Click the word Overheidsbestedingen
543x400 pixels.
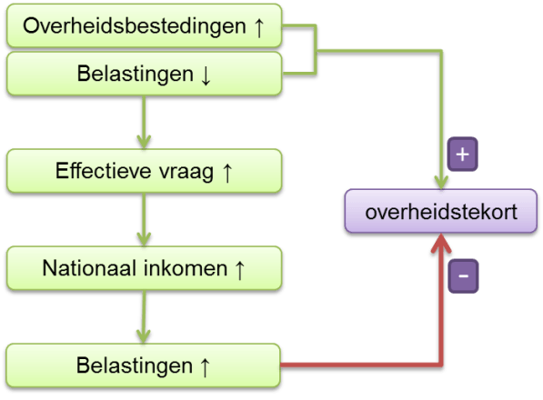135,26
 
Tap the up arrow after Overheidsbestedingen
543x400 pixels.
259,27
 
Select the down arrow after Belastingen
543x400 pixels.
206,75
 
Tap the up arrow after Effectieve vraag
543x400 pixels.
227,173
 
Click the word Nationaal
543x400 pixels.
89,268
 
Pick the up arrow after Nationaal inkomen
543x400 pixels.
239,270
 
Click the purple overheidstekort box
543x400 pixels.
441,211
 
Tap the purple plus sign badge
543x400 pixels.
463,154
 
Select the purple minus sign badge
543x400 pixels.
463,275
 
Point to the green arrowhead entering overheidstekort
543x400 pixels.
441,182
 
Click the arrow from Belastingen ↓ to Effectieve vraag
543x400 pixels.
144,122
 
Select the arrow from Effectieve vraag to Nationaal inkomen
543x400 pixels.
144,219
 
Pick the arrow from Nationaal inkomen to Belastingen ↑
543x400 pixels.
144,316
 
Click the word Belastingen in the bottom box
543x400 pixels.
135,365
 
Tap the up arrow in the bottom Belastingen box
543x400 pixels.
205,366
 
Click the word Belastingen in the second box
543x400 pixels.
135,74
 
